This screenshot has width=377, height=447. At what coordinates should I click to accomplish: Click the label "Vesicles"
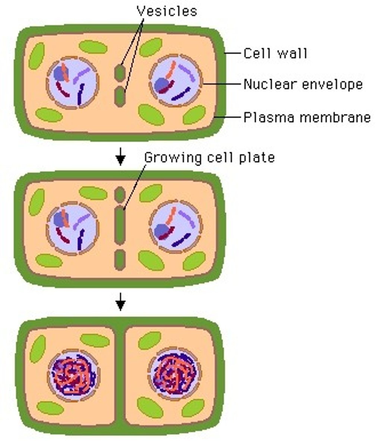coord(167,11)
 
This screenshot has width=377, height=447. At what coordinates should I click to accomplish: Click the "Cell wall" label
coord(275,54)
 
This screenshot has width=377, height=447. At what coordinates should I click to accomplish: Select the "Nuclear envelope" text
coord(303,85)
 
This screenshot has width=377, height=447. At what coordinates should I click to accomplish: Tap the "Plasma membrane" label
coord(307,117)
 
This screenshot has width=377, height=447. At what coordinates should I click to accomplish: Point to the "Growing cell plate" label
coord(209,158)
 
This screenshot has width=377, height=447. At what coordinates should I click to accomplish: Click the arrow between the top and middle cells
coord(120,156)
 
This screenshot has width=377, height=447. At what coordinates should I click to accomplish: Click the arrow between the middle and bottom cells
coord(120,302)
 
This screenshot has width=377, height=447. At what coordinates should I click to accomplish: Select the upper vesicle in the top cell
coord(120,73)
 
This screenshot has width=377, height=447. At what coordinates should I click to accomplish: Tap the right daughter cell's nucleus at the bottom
coord(174,373)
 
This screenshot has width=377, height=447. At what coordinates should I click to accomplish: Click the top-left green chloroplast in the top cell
coord(37,56)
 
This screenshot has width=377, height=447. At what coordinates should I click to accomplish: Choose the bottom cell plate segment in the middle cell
coord(120,260)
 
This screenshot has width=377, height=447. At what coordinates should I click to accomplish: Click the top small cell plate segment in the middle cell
coord(120,194)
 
